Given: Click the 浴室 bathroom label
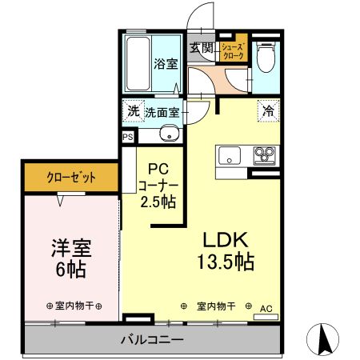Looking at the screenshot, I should coord(166,65).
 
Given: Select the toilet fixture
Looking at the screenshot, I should coord(266,58).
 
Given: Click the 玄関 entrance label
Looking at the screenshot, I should coord(201,48).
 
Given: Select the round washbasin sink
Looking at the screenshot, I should coord(168,134).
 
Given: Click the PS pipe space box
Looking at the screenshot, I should coord(128,137).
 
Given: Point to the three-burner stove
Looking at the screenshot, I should coord(264,154).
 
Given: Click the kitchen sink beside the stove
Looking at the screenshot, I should coord(230,154).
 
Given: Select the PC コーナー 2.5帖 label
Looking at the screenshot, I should coord(160,186).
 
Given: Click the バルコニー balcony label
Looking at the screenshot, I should coord(153,338).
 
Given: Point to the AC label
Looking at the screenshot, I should coord(266,308).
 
